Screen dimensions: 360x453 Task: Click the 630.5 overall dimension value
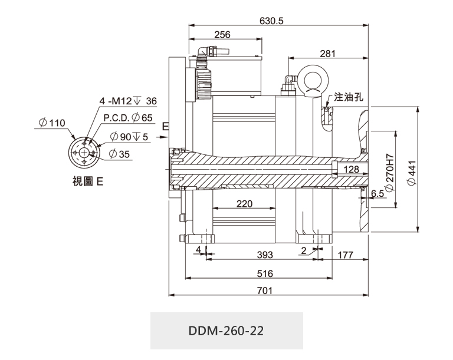(x=271, y=21)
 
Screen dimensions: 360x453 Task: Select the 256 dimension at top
(x=222, y=35)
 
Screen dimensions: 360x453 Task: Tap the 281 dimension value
(x=327, y=54)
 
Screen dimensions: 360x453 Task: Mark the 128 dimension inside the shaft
(x=352, y=170)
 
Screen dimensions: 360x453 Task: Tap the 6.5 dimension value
(x=377, y=193)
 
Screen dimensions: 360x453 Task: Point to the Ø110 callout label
(x=51, y=123)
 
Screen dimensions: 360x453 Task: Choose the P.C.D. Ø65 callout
(x=128, y=117)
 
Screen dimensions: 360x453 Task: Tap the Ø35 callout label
(x=120, y=154)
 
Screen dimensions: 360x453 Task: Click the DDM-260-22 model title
(x=226, y=331)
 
